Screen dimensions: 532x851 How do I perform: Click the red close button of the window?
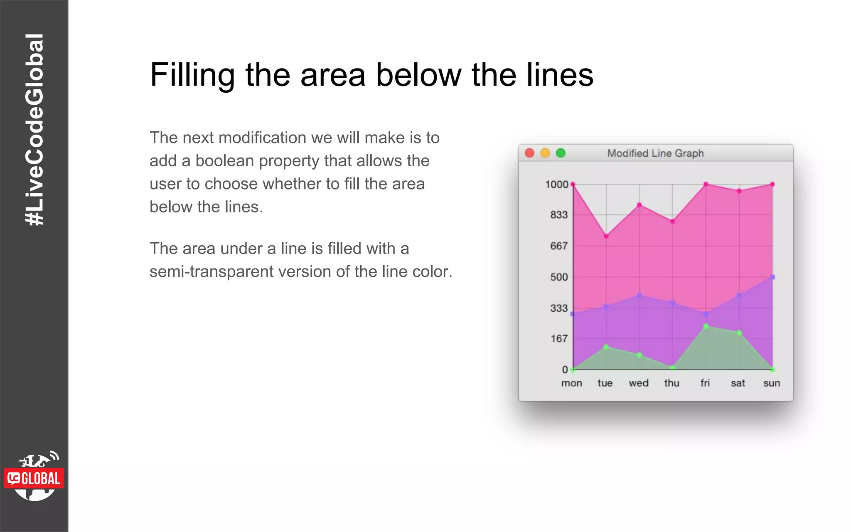click(x=529, y=153)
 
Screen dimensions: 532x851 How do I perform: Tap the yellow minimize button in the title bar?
click(x=545, y=153)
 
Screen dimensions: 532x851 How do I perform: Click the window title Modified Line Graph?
click(x=655, y=153)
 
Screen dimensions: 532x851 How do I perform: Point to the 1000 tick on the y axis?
click(x=556, y=184)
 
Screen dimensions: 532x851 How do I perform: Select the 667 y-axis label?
click(x=558, y=246)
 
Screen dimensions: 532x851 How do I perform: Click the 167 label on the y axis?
click(x=559, y=339)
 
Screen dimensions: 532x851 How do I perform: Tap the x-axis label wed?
click(x=638, y=383)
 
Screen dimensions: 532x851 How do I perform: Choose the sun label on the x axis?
click(x=771, y=383)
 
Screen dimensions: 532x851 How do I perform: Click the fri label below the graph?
click(x=705, y=383)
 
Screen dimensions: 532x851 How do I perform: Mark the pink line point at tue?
click(x=606, y=236)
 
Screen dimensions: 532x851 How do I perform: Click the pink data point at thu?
click(x=673, y=222)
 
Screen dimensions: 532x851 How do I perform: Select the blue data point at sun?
click(x=772, y=277)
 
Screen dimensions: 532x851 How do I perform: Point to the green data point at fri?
click(x=706, y=327)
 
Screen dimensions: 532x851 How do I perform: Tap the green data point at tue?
click(x=606, y=347)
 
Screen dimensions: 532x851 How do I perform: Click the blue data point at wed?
click(x=639, y=296)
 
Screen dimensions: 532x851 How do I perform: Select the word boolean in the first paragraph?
click(x=225, y=161)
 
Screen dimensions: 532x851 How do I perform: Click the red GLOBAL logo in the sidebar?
click(x=34, y=478)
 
